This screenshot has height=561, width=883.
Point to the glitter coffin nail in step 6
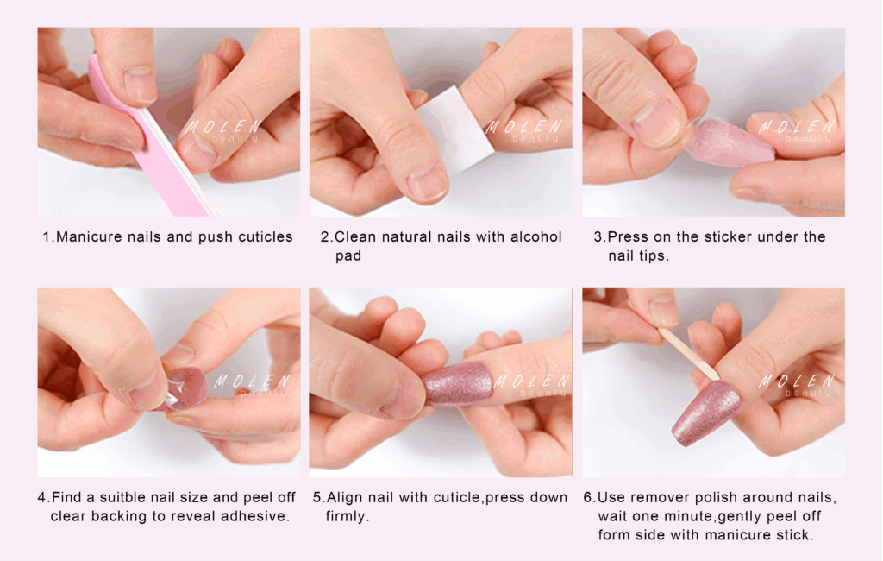click(706, 413)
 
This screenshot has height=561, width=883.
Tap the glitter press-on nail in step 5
click(457, 384)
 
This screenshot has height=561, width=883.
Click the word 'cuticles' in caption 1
click(266, 236)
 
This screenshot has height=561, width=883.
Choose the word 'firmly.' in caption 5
click(347, 516)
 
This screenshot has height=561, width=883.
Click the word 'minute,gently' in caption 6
click(713, 517)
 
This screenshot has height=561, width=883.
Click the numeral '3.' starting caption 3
click(599, 236)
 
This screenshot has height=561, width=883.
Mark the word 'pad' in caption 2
click(348, 256)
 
